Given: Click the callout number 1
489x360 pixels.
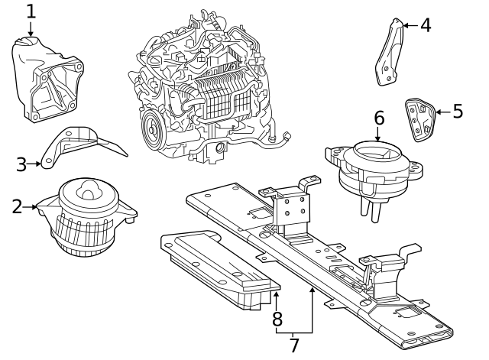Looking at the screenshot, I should pos(31,11).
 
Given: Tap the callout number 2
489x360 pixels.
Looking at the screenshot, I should pos(17,206).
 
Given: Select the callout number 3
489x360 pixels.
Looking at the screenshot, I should pos(21,163).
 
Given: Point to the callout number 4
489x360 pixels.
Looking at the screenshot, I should pos(426,25).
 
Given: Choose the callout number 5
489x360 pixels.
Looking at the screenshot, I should pos(458,112).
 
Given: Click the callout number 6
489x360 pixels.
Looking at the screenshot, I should pos(378,118).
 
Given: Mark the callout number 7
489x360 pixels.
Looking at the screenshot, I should pos(293,345).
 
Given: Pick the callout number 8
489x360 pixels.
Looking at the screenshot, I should pos(277,318).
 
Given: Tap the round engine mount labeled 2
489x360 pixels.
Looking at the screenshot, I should pos(88,218).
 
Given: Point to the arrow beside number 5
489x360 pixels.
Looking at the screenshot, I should pos(441,112).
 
